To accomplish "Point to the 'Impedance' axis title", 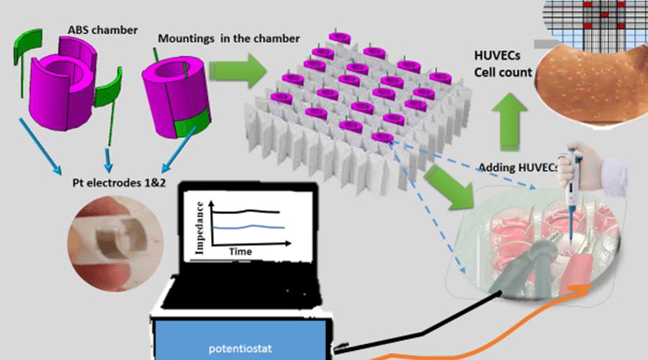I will tap(192, 225).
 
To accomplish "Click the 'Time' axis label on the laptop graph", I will tap(240, 252).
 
